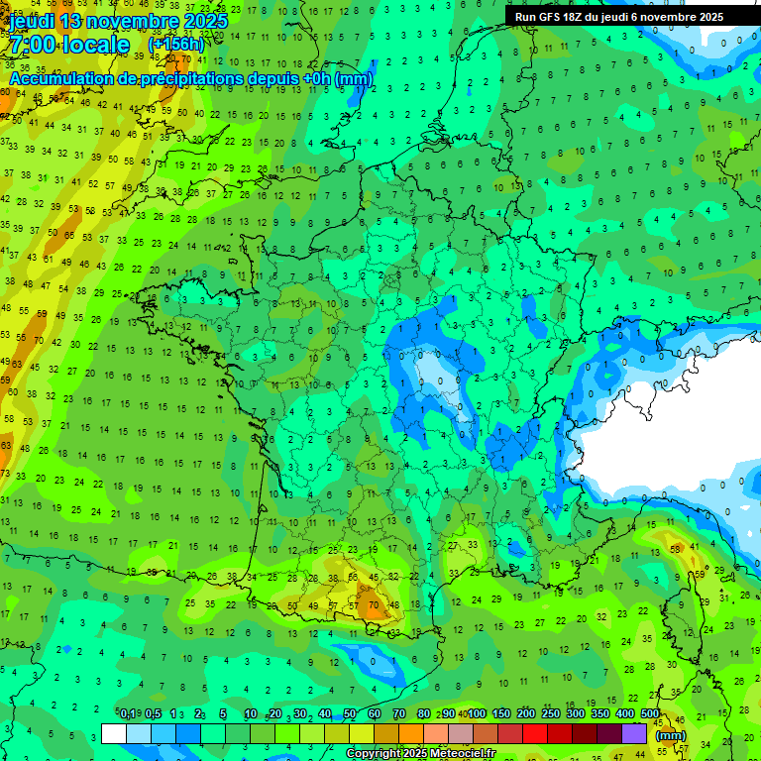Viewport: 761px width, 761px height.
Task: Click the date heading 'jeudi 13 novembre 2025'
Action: coord(118,21)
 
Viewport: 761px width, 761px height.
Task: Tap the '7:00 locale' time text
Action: coord(68,45)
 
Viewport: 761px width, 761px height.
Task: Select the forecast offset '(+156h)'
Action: coord(175,45)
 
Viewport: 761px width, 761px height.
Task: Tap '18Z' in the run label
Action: coord(573,17)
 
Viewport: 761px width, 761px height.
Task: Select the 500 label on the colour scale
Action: coord(650,713)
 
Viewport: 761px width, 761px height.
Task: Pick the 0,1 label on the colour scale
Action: coord(127,713)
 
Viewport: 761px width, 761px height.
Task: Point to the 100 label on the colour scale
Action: coord(477,713)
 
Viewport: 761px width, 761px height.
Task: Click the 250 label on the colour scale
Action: coord(551,713)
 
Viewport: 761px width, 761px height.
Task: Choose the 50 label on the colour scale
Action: coord(350,713)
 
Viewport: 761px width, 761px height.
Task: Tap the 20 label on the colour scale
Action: coord(274,713)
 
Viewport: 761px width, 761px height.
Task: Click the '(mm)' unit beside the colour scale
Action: coord(671,735)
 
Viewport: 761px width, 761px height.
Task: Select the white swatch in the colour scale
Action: coord(113,733)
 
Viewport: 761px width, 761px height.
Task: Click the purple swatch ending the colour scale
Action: coord(634,733)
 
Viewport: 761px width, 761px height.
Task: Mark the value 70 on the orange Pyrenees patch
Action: coord(373,602)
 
